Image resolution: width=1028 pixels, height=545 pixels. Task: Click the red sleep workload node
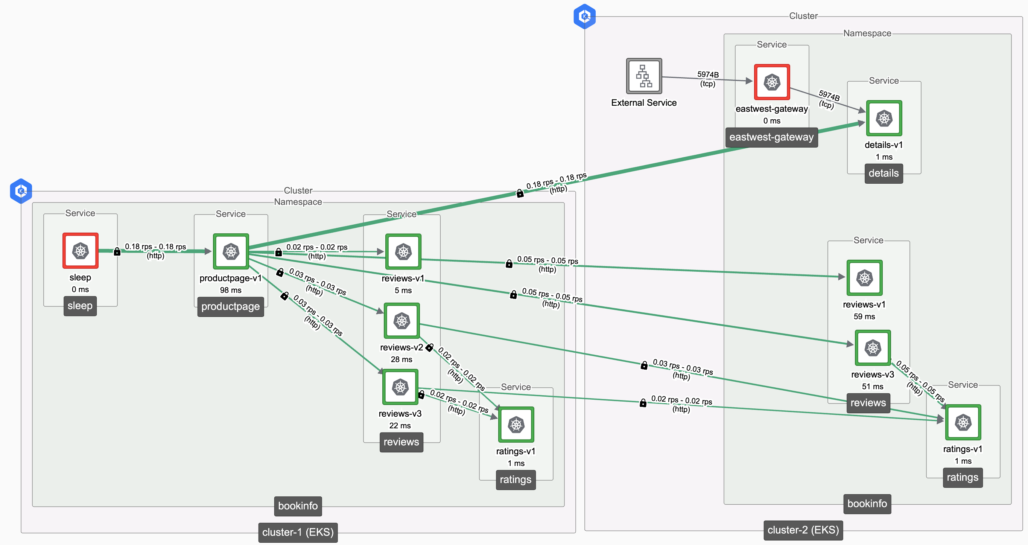point(80,251)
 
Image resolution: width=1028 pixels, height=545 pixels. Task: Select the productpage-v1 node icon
point(231,251)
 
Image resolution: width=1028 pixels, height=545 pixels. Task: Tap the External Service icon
point(644,76)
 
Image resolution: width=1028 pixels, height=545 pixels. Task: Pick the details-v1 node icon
point(884,118)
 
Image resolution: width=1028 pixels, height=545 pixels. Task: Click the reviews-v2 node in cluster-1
point(401,321)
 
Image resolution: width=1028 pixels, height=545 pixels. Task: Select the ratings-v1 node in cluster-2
point(963,422)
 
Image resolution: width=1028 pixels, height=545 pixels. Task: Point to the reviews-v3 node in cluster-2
point(872,348)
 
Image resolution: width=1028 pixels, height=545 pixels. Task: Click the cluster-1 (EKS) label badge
point(298,532)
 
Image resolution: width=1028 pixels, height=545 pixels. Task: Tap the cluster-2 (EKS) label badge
point(803,530)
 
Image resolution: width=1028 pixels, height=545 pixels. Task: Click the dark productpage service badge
point(230,307)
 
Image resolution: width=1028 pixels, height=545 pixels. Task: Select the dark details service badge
point(884,173)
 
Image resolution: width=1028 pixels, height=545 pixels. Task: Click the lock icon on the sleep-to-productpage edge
point(117,251)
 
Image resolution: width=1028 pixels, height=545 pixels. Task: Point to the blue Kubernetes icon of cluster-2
point(585,16)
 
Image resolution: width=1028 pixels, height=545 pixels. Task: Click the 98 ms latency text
point(230,290)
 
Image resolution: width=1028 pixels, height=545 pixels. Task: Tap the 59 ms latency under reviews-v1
point(864,317)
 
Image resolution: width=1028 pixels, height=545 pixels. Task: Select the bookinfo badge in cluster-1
point(298,506)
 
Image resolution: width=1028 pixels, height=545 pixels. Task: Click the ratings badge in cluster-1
point(515,480)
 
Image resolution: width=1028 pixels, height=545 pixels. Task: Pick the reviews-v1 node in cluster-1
point(403,251)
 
